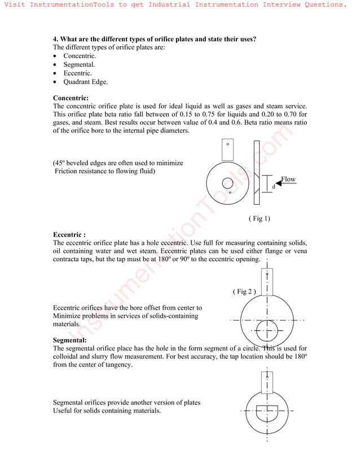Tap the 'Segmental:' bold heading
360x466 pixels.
[69, 341]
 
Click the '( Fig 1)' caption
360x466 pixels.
[259, 218]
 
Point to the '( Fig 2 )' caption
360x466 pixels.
[244, 292]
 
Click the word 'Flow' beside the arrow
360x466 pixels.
[288, 179]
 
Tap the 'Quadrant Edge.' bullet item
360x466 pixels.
[85, 82]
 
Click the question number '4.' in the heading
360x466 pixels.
[56, 39]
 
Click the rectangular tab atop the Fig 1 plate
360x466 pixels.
[227, 149]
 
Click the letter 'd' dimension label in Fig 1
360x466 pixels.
[273, 186]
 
